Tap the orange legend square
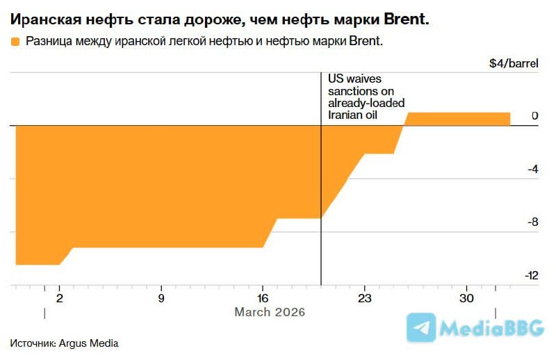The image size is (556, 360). point(15,42)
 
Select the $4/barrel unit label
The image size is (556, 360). point(514,63)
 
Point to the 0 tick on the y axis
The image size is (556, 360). point(534,116)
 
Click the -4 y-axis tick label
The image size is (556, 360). point(532,170)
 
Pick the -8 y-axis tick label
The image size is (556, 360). point(532,222)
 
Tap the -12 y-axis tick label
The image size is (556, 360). point(531,276)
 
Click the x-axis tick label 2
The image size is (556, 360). point(59,298)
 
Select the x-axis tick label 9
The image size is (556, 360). point(161,298)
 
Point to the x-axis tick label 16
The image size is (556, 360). point(262,298)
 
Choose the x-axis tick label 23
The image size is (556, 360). point(364,298)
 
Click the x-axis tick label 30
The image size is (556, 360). point(466,298)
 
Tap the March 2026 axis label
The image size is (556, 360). point(270,313)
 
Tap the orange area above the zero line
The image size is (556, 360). point(457,119)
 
